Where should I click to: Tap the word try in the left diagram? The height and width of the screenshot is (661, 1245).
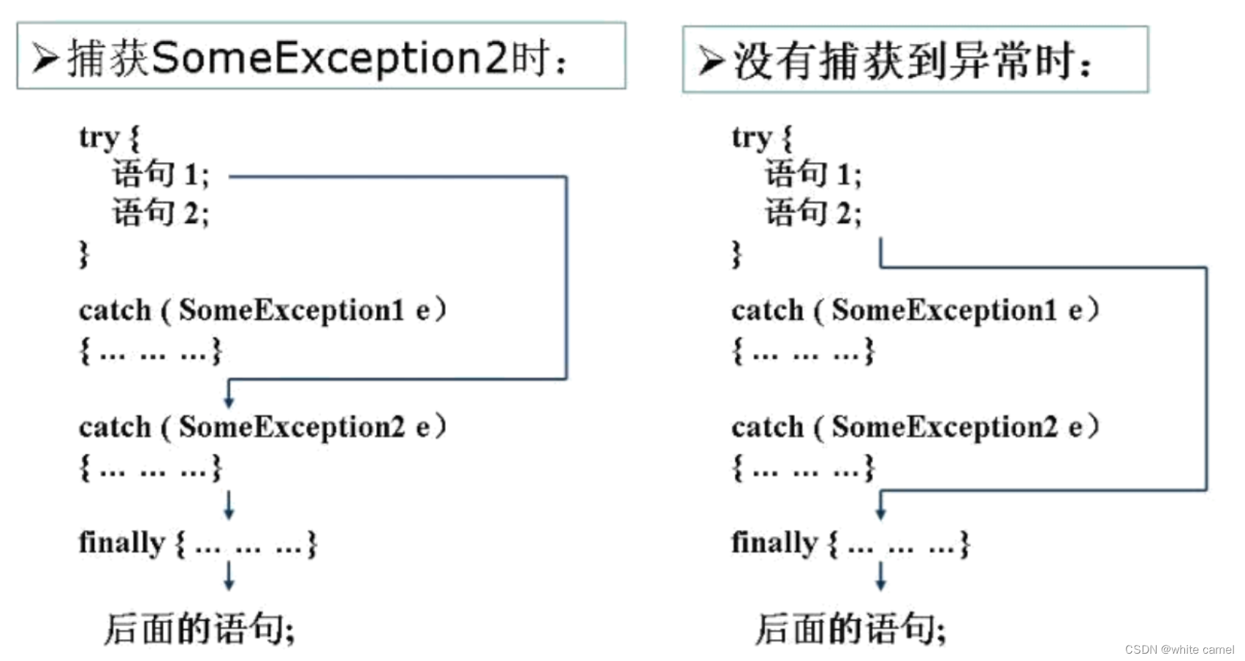[99, 137]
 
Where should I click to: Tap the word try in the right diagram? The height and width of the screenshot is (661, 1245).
[751, 137]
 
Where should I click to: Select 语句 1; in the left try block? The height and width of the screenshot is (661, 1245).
[161, 175]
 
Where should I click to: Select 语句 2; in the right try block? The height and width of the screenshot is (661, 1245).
[813, 214]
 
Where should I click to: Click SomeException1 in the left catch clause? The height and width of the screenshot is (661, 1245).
[291, 311]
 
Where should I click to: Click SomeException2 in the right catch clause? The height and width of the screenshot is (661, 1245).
[944, 427]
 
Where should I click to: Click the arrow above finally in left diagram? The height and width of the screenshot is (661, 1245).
[229, 505]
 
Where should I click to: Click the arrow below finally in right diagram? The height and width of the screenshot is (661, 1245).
[880, 576]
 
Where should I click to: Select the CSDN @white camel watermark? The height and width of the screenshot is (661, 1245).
[1179, 649]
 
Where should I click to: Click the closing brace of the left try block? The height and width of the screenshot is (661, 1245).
[84, 254]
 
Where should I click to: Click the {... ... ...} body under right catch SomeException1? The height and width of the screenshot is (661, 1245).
[802, 352]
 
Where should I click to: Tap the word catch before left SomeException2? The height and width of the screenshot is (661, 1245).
[115, 428]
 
